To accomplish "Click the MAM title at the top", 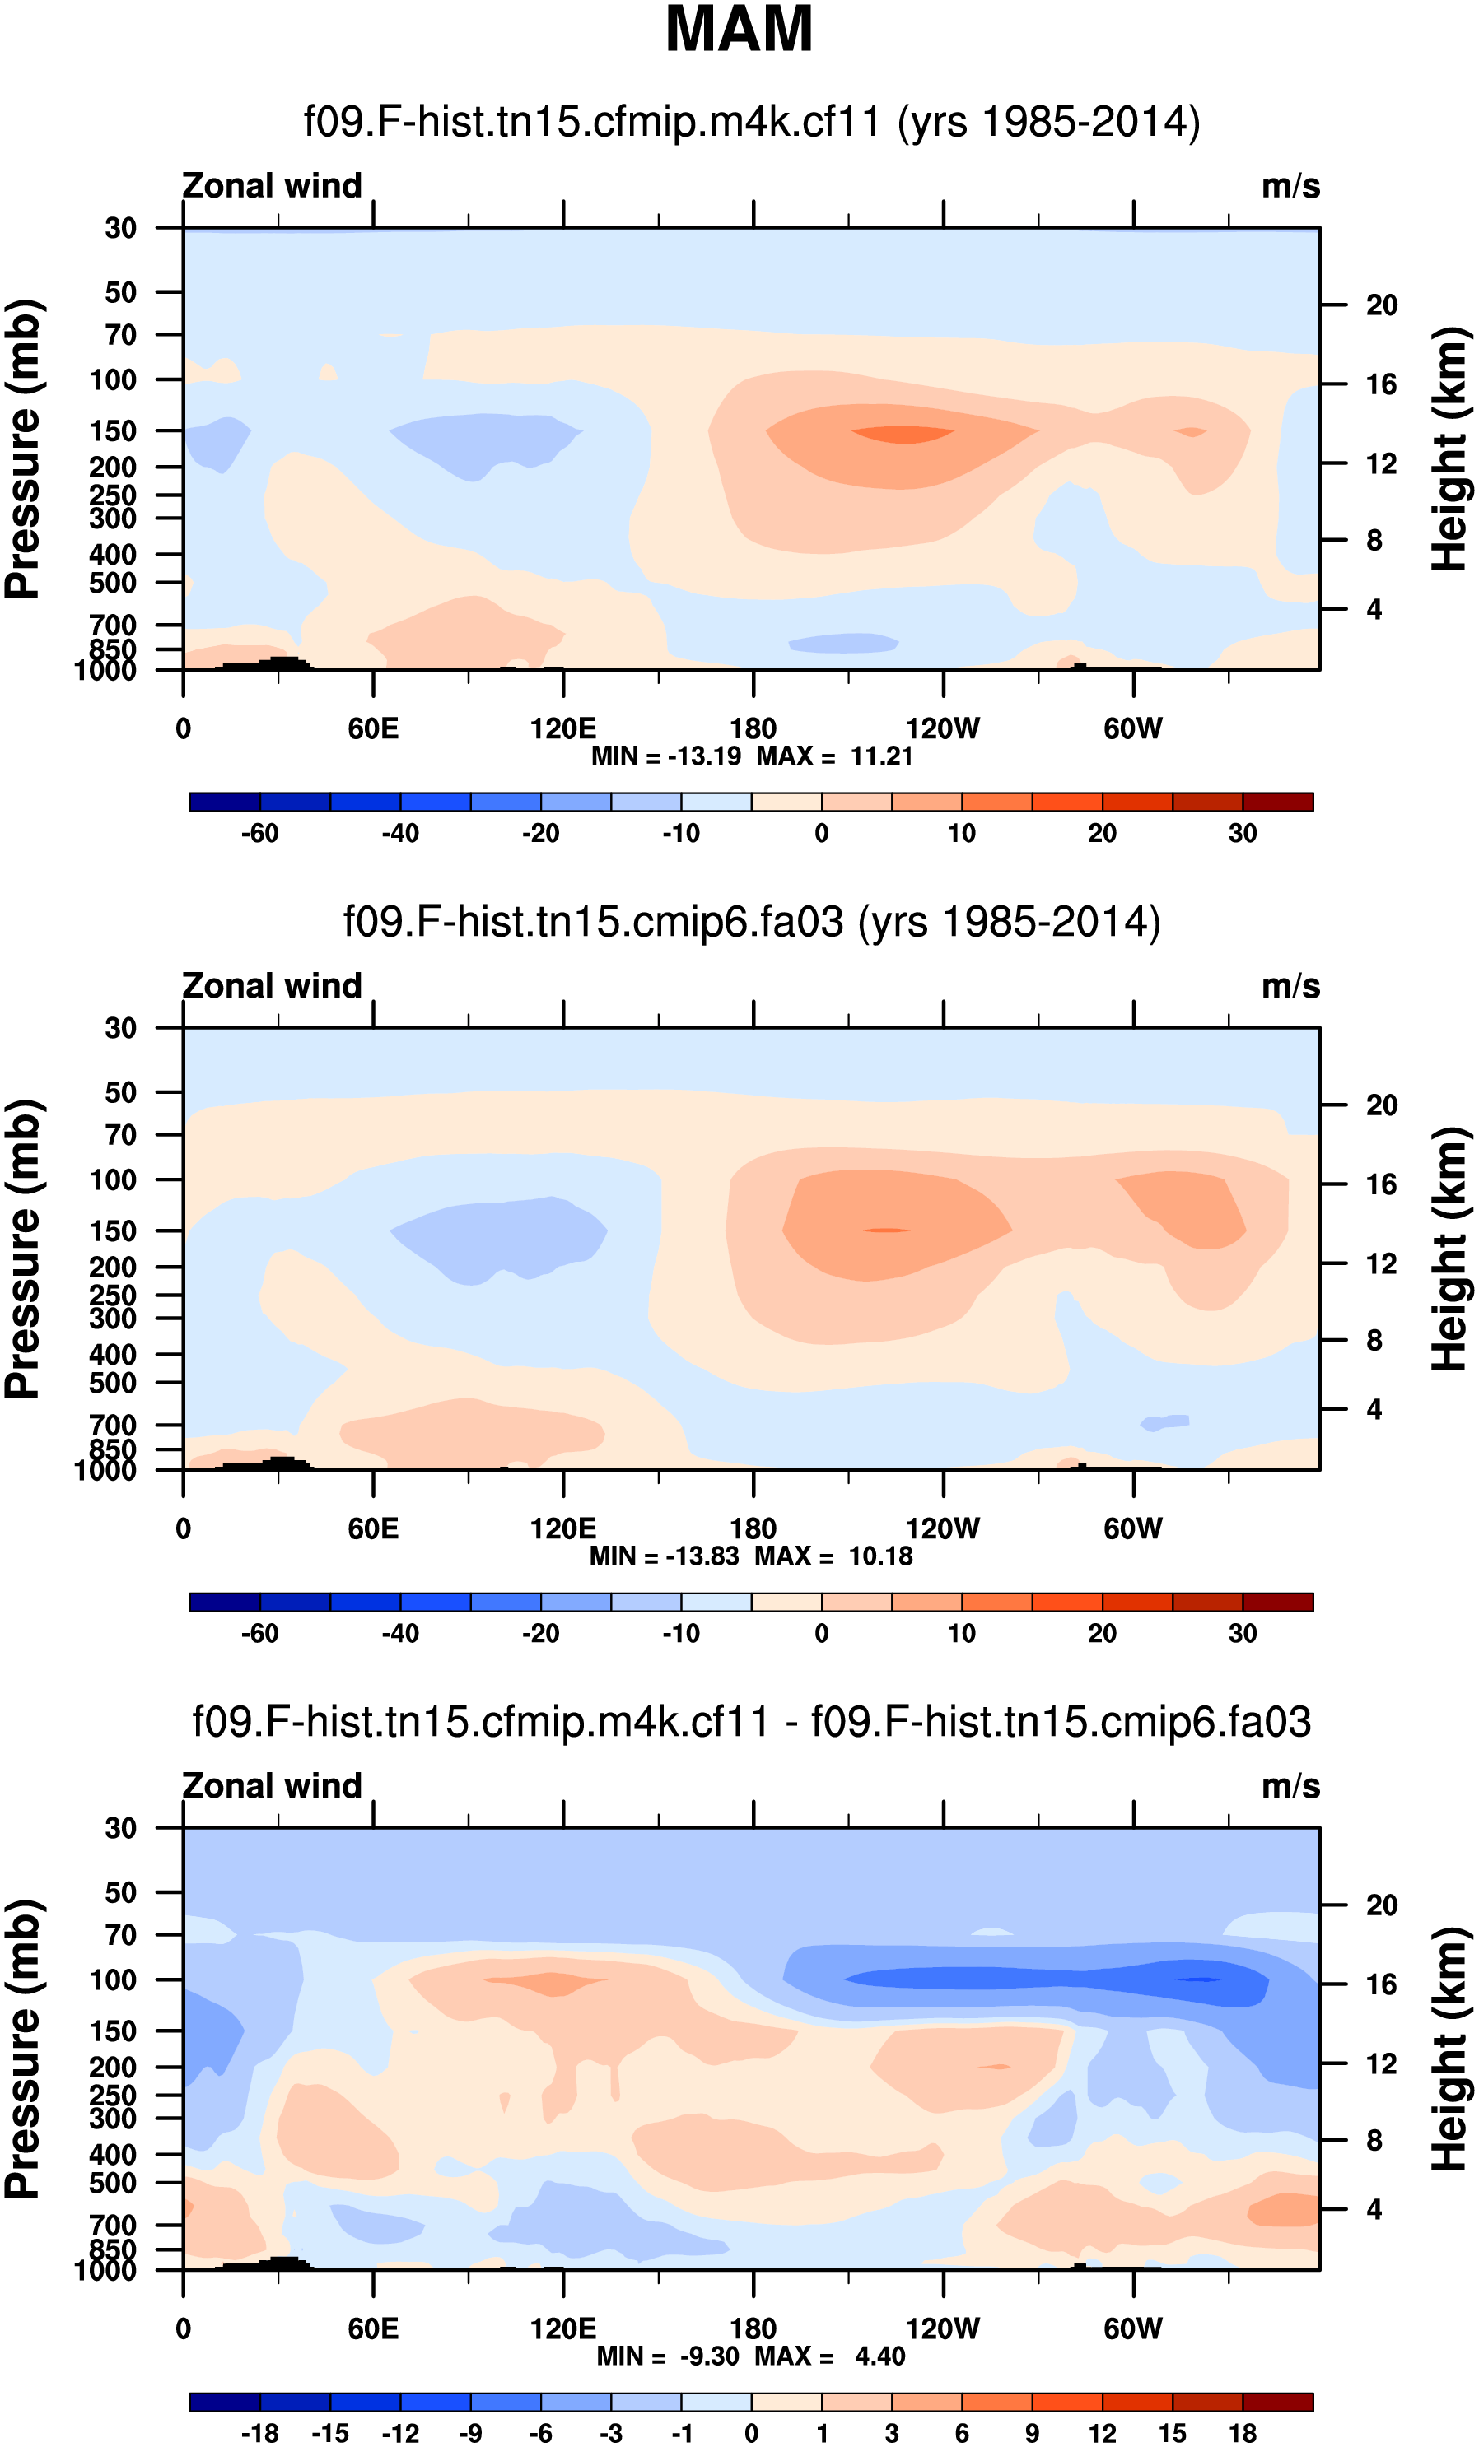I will pos(739,30).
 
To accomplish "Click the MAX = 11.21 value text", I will pos(834,756).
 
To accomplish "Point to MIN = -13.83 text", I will pos(664,1556).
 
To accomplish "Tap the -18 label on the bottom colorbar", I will pos(259,2433).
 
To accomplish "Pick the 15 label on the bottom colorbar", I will pos(1173,2433).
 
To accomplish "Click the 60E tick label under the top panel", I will pos(374,729).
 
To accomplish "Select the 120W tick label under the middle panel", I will pos(943,1528).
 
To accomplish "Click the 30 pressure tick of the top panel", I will pos(121,229).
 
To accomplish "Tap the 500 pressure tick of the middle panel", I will pos(114,1383).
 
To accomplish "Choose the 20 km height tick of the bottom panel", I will pos(1382,1905).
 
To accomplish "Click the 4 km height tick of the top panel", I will pos(1374,609).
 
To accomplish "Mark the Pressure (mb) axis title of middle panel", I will pos(24,1249).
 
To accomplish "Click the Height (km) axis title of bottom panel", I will pos(1451,2048).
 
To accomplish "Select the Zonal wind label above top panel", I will pos(272,186).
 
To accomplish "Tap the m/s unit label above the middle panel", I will pos(1290,986).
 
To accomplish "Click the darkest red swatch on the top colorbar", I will pos(1277,802).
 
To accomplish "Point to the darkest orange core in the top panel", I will pos(902,434).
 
